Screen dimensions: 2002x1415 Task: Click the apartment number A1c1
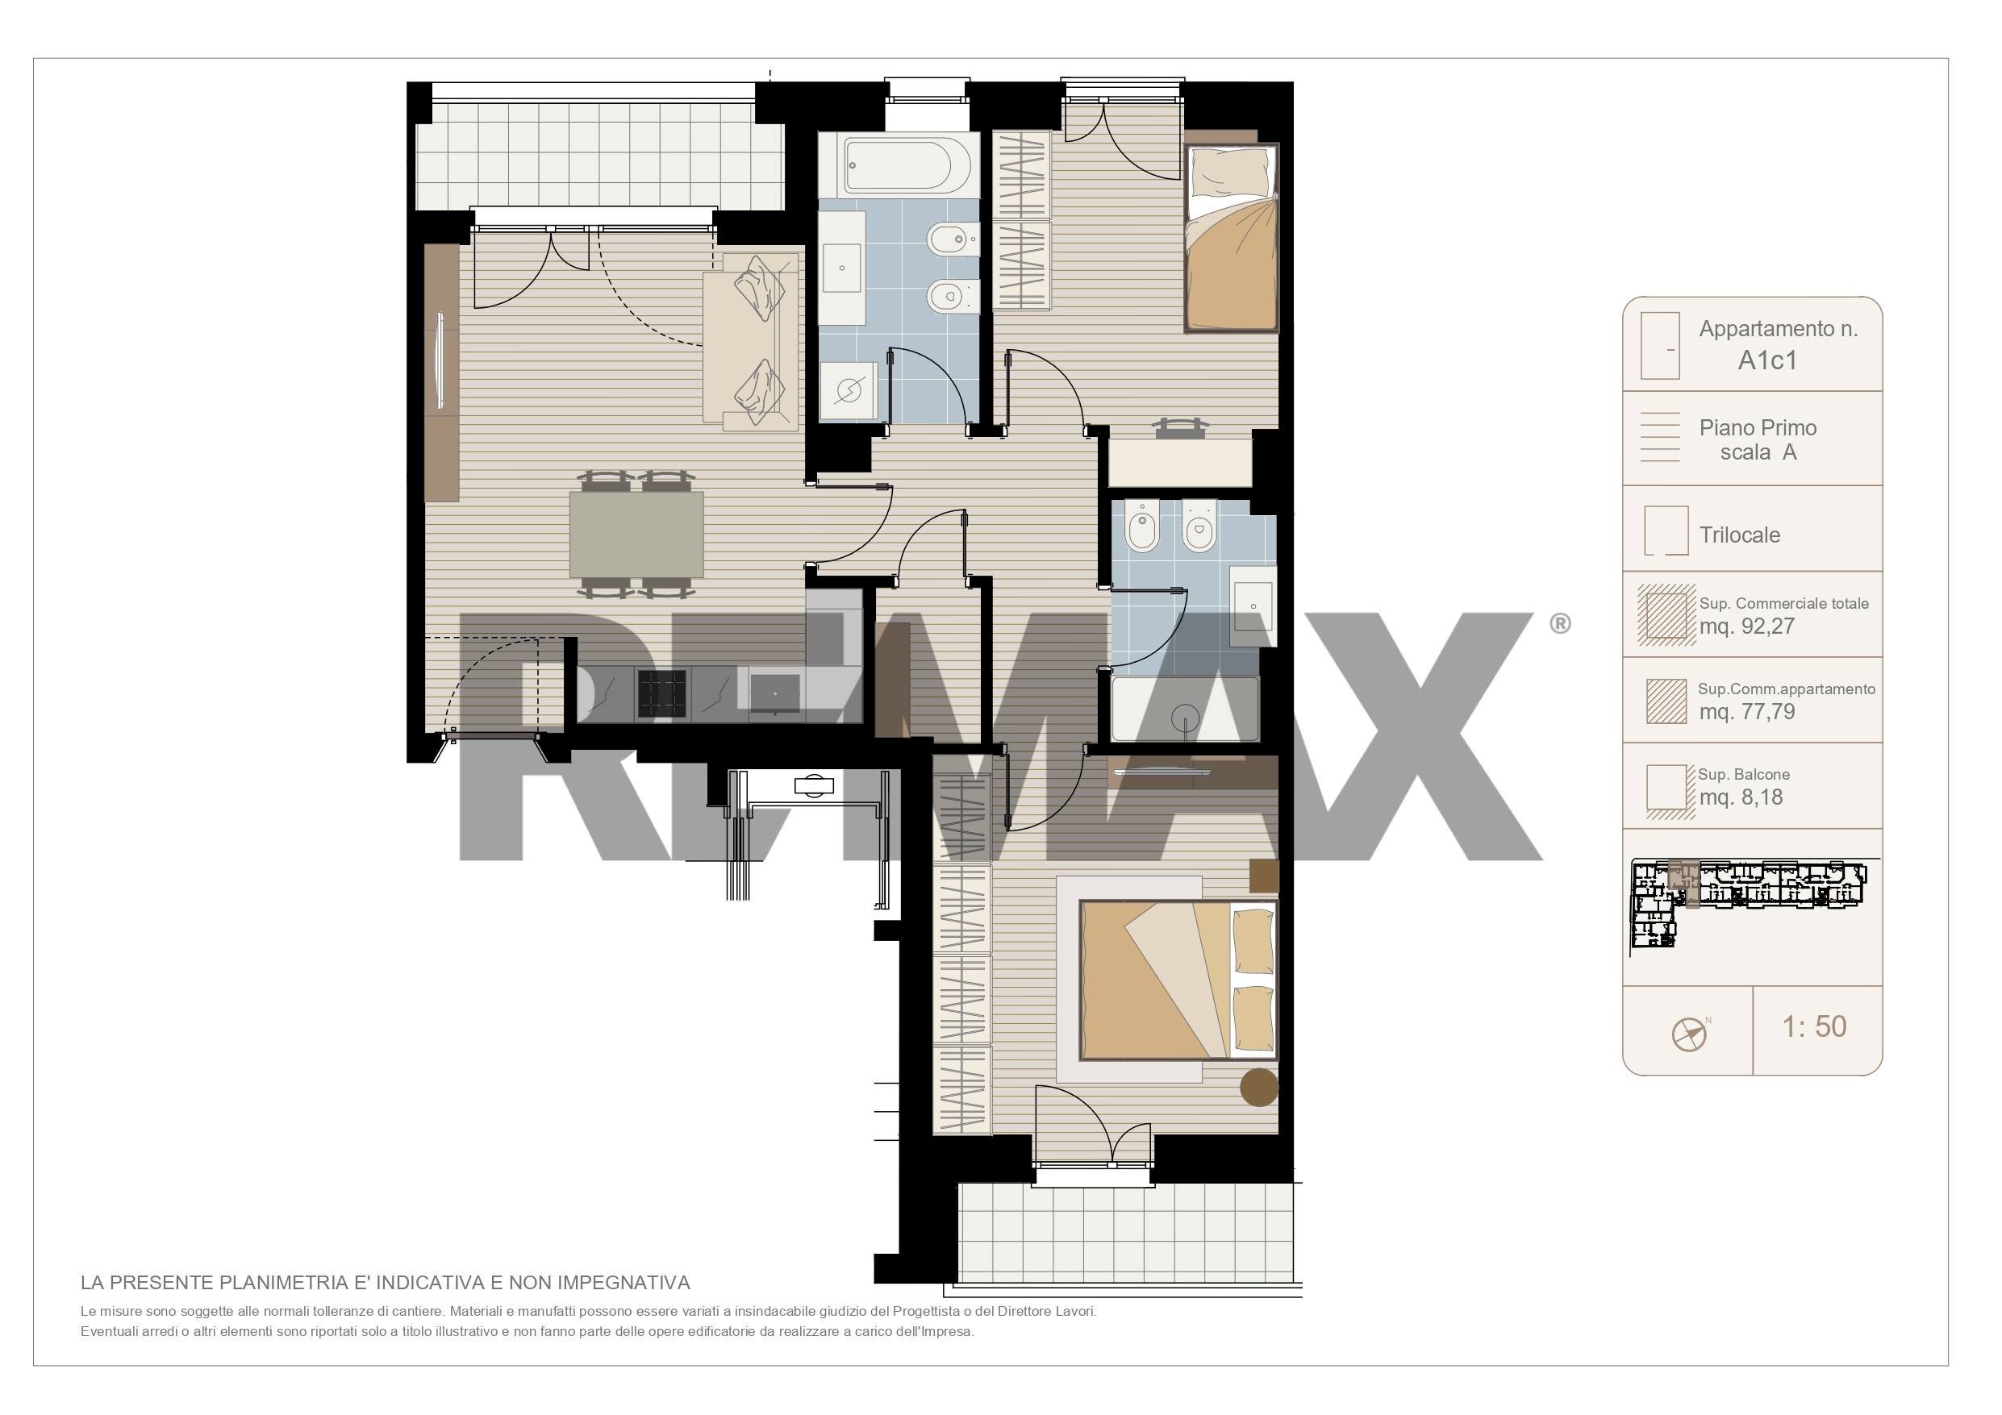pos(1767,360)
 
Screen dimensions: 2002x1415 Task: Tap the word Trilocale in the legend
pos(1740,535)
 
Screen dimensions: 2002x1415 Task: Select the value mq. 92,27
pos(1746,626)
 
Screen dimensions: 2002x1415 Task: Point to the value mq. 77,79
pos(1746,711)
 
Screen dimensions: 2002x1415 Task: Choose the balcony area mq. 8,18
pos(1741,797)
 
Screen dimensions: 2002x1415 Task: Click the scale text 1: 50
pos(1814,1026)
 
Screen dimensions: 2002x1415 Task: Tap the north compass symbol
pos(1690,1035)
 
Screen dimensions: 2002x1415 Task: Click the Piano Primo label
pos(1758,427)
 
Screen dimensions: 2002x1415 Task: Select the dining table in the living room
pos(636,535)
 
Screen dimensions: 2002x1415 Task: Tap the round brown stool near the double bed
pos(1259,1087)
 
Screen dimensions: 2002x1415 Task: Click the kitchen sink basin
pos(775,693)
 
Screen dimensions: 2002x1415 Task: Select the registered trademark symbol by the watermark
pos(1561,623)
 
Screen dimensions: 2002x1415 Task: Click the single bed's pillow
pos(1230,173)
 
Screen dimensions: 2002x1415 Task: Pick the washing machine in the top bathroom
pos(849,390)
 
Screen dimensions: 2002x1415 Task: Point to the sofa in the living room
pos(751,342)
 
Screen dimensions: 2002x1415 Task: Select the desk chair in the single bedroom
pos(1182,427)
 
